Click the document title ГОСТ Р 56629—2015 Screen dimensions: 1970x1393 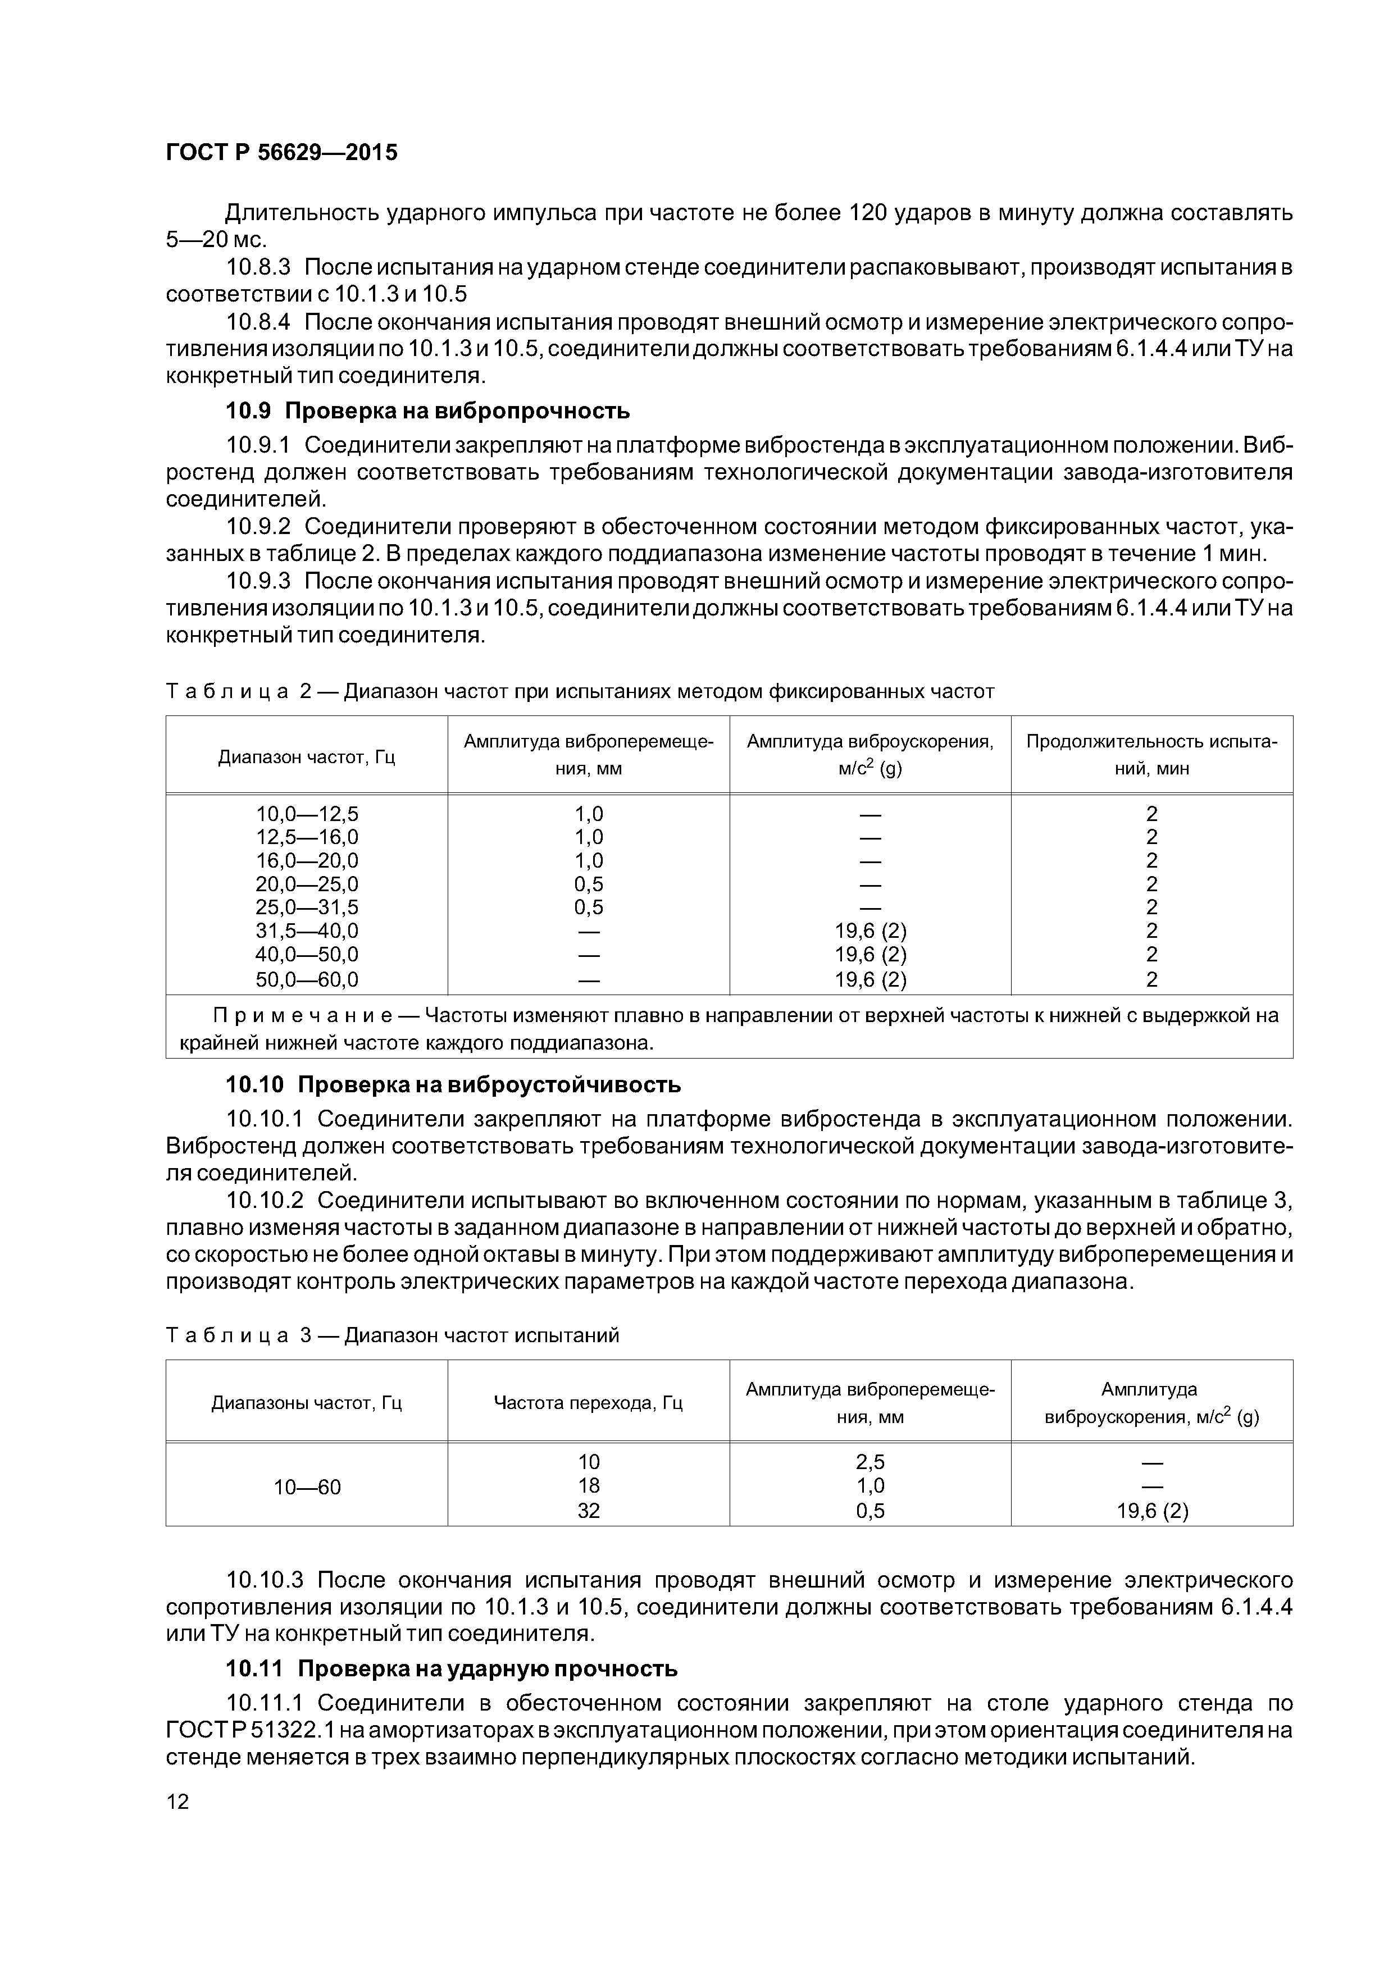[x=281, y=153]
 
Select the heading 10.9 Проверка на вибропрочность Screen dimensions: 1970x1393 [x=427, y=411]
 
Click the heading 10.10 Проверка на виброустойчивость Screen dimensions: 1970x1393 [x=453, y=1084]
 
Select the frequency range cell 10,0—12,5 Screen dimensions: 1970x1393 [x=307, y=813]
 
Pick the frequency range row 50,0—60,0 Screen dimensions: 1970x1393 [x=307, y=979]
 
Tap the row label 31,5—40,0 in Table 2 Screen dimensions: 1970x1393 [x=307, y=931]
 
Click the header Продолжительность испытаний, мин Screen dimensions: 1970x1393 [x=1152, y=755]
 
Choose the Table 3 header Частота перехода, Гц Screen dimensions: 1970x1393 [x=588, y=1403]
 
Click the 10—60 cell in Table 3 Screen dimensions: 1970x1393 [x=307, y=1487]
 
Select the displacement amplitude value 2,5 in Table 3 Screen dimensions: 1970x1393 [x=870, y=1462]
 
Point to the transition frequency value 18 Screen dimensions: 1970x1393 [x=588, y=1486]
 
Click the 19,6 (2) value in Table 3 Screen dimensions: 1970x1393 [x=1152, y=1511]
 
